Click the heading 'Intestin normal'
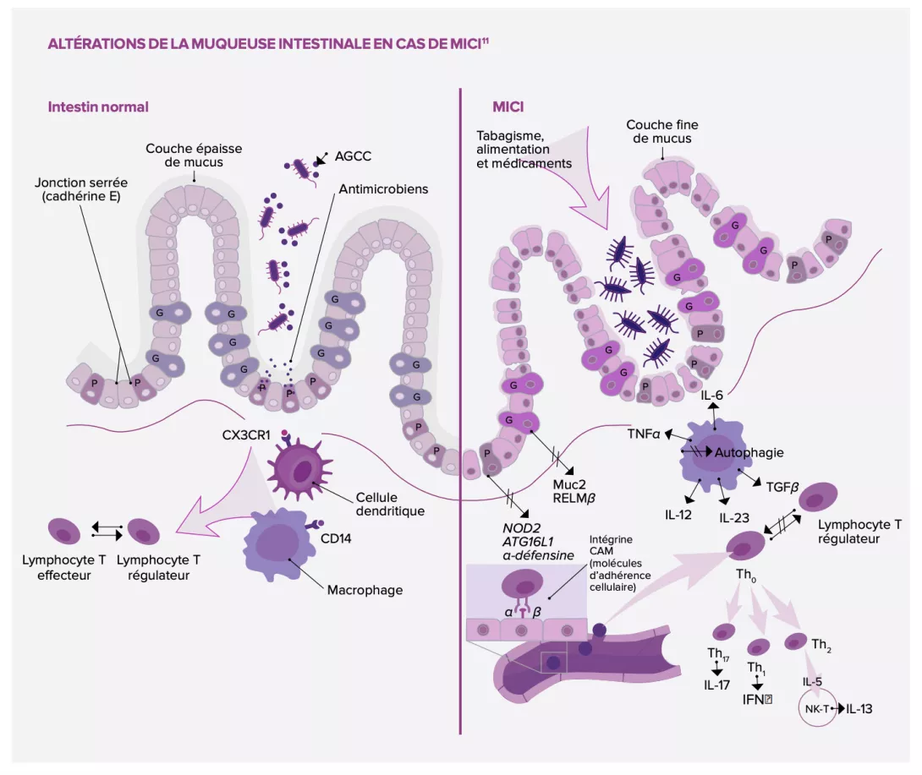pyautogui.click(x=98, y=107)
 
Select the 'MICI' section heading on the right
pyautogui.click(x=509, y=107)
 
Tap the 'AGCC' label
pyautogui.click(x=353, y=156)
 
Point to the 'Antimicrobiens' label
pyautogui.click(x=383, y=189)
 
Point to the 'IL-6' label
pyautogui.click(x=713, y=395)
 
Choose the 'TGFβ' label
pyautogui.click(x=782, y=487)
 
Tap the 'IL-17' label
pyautogui.click(x=716, y=685)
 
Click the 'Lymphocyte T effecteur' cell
pyautogui.click(x=63, y=532)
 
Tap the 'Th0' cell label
pyautogui.click(x=746, y=575)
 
